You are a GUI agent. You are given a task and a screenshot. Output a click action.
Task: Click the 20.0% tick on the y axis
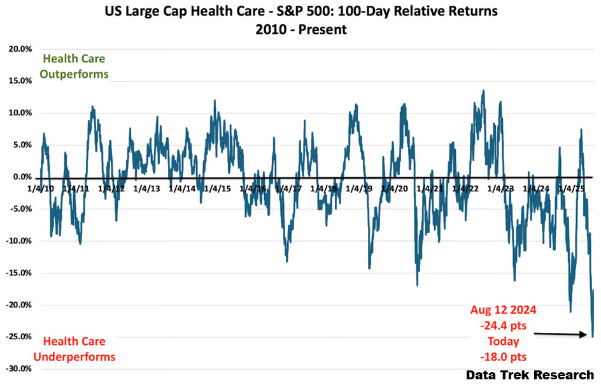19,48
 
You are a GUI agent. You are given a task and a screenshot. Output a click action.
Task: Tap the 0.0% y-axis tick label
20,177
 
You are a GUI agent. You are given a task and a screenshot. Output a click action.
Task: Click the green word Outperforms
74,74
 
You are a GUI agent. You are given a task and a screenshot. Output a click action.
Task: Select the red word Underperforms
74,356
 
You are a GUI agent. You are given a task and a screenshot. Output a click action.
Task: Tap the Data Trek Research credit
530,375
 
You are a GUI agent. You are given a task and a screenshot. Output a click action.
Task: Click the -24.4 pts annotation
503,325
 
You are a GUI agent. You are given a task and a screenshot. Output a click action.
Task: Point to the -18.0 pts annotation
503,356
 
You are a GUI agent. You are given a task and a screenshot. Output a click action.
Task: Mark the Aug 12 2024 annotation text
503,310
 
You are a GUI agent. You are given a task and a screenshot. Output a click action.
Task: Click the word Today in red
503,340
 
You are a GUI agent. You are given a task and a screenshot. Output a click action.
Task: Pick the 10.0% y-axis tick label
19,113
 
